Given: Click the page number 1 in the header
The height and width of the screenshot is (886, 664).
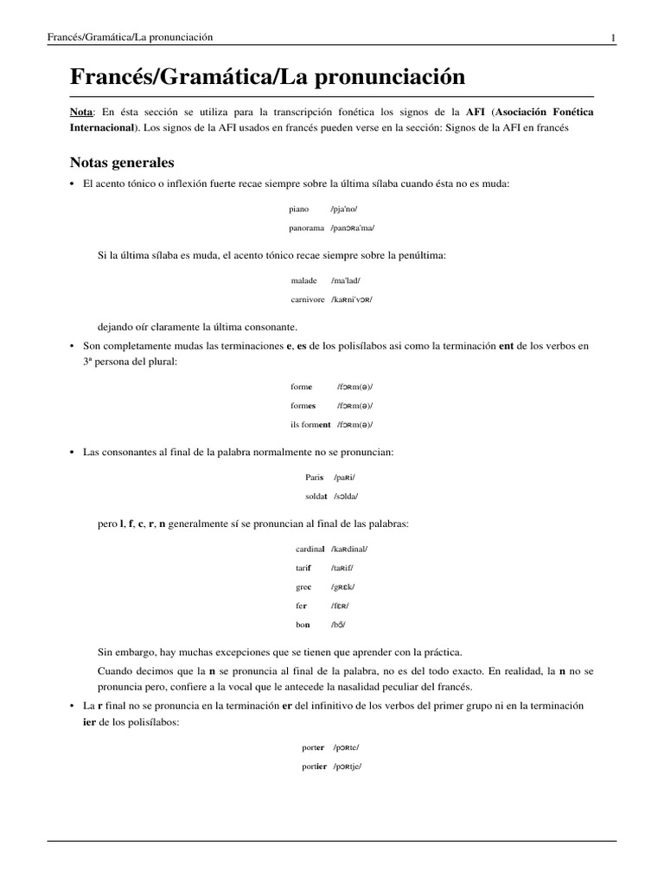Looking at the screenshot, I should [613, 37].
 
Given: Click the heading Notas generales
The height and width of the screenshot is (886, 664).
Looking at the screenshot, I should [121, 163].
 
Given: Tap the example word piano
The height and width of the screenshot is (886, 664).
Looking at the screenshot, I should [299, 209].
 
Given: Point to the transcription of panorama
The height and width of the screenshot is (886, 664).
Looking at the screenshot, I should [353, 228].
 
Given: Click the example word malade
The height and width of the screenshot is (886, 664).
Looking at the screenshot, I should [304, 281].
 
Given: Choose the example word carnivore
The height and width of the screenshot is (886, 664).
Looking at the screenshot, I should [307, 299].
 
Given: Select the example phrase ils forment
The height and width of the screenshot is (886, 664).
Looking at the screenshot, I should [310, 425].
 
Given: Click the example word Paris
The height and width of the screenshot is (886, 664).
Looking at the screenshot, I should [314, 477].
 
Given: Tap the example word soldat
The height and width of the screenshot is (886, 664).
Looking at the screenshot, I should [313, 496].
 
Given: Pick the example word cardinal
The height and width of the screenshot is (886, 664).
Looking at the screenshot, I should [310, 549].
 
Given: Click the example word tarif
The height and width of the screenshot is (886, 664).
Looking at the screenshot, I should [303, 568].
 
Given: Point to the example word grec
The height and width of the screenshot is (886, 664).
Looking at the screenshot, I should [303, 587].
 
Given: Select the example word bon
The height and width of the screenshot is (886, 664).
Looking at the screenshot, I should [302, 624].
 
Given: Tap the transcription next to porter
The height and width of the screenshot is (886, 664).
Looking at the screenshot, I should [346, 748].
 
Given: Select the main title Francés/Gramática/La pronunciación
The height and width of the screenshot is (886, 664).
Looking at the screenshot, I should [267, 77].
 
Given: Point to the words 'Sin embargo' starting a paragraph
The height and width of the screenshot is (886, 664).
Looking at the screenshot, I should [126, 651].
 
